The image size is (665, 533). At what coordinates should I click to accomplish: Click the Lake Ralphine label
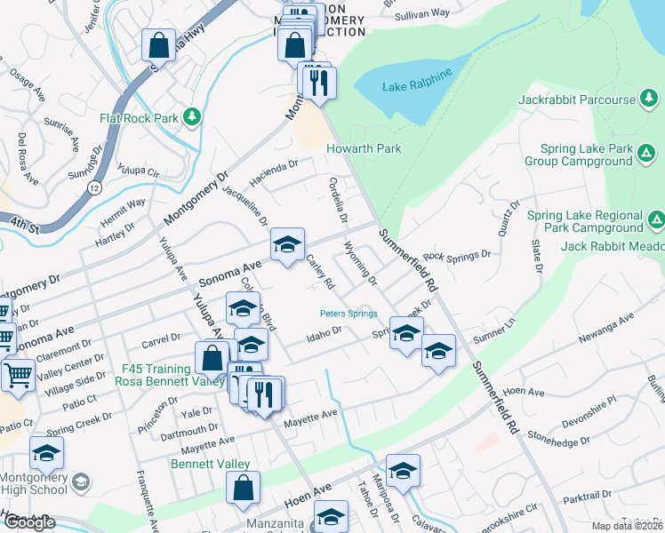[x=418, y=87]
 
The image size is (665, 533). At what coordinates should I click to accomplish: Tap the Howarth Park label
[x=364, y=149]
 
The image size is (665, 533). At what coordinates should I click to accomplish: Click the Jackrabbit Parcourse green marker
[x=649, y=99]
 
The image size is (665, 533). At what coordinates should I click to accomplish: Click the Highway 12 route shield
[x=94, y=188]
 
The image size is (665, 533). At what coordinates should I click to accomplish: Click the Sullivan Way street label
[x=422, y=14]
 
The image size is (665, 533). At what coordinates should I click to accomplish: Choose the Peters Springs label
[x=349, y=314]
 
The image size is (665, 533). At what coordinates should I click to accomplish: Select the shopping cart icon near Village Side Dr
[x=18, y=376]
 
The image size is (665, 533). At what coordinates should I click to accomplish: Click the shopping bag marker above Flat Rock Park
[x=158, y=45]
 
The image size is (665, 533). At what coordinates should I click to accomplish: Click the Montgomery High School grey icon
[x=81, y=482]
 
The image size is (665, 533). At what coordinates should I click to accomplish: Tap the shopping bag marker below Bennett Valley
[x=243, y=488]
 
